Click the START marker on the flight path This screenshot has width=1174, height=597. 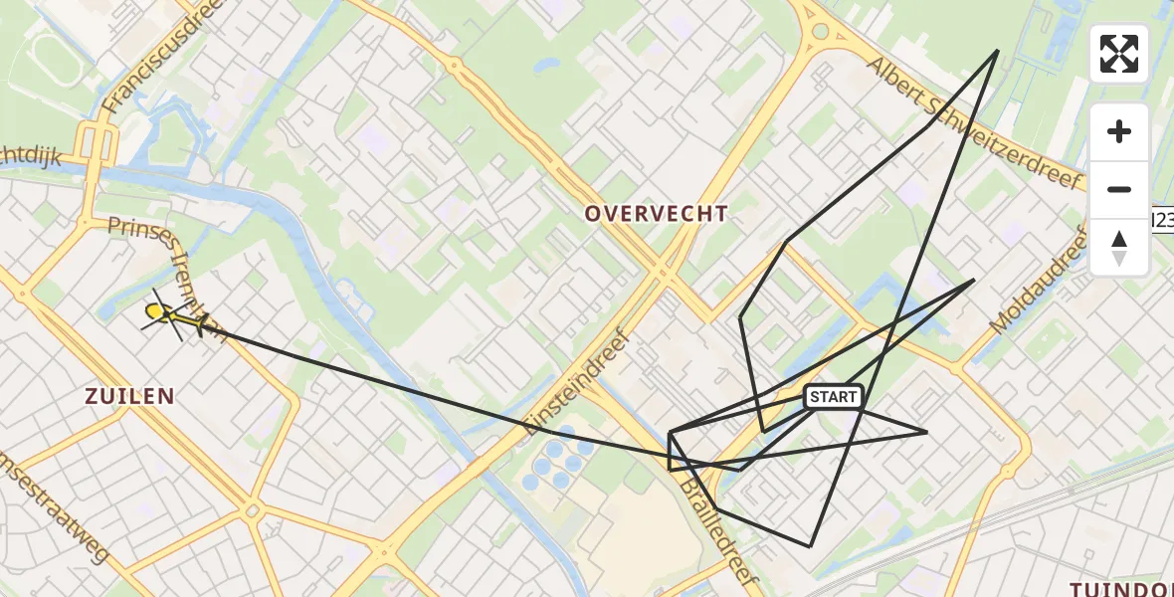tap(833, 397)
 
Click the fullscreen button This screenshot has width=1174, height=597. tap(1118, 54)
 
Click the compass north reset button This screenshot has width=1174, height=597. tap(1118, 248)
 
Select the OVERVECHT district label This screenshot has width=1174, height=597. tap(656, 214)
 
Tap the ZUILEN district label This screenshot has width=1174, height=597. tap(130, 396)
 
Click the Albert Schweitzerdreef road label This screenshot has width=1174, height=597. tap(973, 121)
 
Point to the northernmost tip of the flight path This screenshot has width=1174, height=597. tap(997, 51)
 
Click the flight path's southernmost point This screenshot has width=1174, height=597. tap(810, 546)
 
